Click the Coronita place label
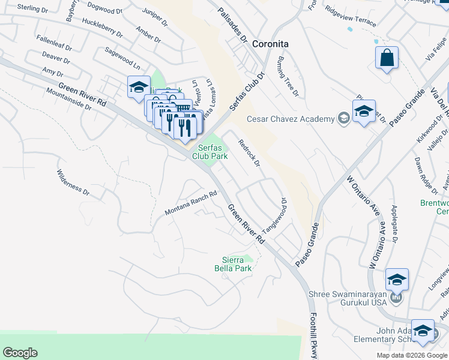coord(270,44)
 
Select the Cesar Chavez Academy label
coord(291,119)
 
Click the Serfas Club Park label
coord(210,151)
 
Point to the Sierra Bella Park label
coord(233,264)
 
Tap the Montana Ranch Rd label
coord(191,205)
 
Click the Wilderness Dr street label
coord(73,182)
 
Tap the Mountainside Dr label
coord(68,99)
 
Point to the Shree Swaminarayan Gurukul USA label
coord(349,299)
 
